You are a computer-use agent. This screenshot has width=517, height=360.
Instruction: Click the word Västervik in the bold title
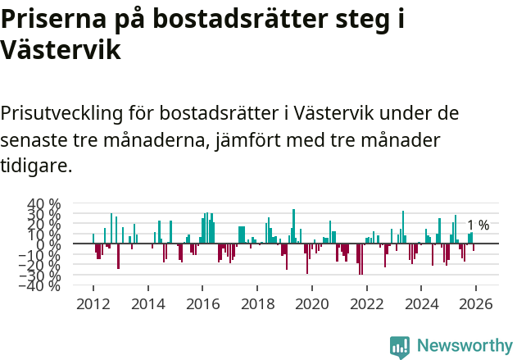pos(61,51)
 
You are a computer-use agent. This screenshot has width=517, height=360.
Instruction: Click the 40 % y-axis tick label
pos(44,203)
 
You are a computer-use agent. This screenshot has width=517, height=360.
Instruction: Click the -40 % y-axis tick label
pos(42,285)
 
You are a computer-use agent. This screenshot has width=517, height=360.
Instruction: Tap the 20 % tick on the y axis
pos(44,224)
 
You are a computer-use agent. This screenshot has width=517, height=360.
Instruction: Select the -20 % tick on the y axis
pos(42,265)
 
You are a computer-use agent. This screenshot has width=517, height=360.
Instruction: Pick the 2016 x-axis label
pos(202,303)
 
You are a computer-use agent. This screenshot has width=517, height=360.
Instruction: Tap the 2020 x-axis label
pos(311,303)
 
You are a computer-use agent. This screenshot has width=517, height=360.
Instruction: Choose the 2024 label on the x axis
pos(421,303)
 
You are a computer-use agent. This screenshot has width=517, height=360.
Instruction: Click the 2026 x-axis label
pos(476,303)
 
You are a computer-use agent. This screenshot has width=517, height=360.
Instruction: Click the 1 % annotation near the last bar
pos(478,226)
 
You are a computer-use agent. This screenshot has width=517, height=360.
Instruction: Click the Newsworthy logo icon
pos(400,346)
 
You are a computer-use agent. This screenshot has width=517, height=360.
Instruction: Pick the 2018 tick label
pos(257,303)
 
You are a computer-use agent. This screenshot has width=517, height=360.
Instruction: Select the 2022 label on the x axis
pos(366,303)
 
